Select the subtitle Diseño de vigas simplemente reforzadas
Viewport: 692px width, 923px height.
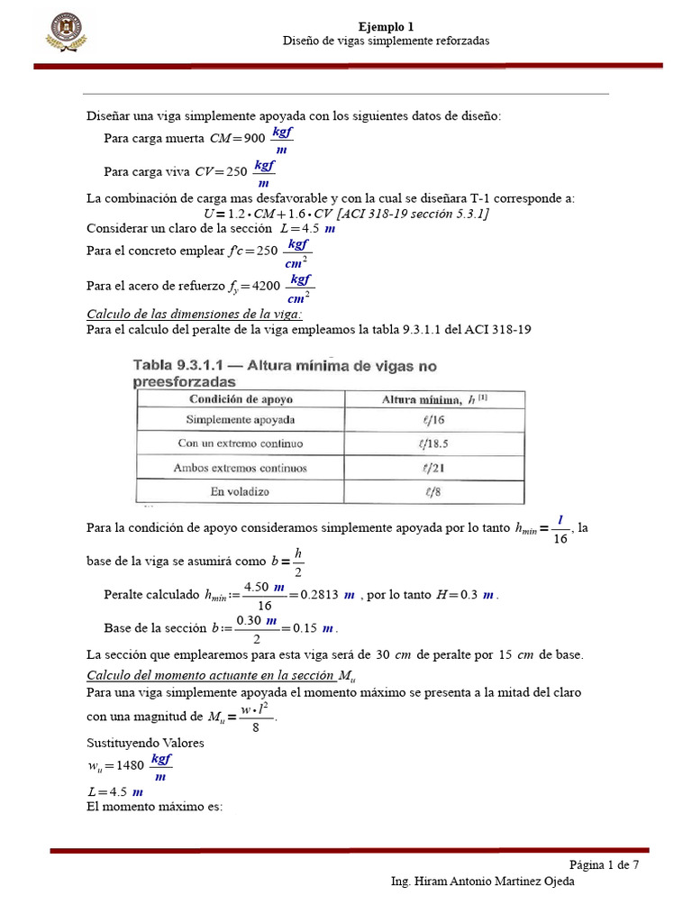tap(386, 41)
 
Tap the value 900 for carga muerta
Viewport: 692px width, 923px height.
tap(254, 139)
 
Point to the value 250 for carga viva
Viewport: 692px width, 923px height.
tap(236, 171)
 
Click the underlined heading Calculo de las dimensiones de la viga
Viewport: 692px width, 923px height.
tap(194, 314)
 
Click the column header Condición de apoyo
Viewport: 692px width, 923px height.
tap(240, 398)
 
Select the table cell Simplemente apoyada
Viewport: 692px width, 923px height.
tap(241, 420)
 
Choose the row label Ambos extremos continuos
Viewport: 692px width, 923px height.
tap(241, 468)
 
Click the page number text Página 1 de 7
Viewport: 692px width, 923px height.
tap(605, 864)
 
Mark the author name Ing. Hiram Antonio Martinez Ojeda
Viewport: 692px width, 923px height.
tap(482, 882)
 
